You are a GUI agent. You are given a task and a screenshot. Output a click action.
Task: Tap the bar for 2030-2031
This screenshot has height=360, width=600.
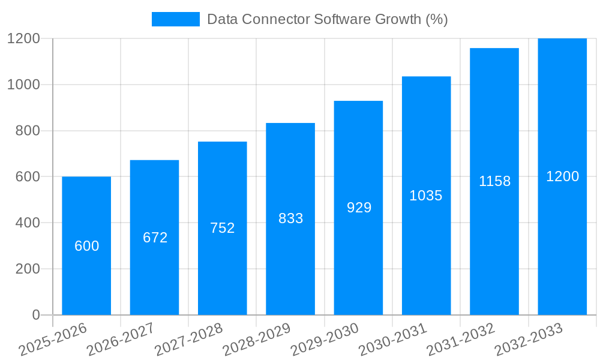click(x=426, y=252)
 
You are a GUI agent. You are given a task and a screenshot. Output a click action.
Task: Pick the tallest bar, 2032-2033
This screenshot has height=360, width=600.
click(x=562, y=240)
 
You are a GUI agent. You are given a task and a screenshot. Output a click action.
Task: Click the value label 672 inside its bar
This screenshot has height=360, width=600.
click(x=155, y=238)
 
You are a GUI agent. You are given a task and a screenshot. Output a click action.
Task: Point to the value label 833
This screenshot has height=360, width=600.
click(x=290, y=218)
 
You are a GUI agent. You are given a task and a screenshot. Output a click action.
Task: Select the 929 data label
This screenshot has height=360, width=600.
click(x=359, y=208)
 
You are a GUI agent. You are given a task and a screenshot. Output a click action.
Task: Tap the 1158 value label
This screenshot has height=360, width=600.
click(x=494, y=181)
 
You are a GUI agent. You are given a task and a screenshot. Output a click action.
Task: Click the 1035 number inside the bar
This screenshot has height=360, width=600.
click(x=426, y=196)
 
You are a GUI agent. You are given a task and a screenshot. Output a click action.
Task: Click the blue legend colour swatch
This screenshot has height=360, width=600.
click(x=175, y=19)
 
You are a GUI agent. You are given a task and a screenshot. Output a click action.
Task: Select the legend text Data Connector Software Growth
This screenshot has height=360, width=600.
click(x=327, y=19)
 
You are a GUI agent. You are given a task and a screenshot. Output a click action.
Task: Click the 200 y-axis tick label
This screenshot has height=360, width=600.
click(x=27, y=269)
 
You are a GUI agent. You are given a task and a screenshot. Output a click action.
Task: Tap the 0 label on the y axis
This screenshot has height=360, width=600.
click(x=35, y=315)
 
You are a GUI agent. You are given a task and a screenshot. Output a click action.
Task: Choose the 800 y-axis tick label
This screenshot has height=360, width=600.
click(x=27, y=131)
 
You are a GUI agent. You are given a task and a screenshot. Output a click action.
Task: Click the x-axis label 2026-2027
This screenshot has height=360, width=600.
click(x=121, y=340)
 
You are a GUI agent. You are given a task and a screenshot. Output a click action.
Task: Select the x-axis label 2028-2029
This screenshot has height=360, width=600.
click(x=256, y=340)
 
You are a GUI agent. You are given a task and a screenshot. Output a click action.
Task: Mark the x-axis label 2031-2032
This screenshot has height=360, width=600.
click(x=460, y=340)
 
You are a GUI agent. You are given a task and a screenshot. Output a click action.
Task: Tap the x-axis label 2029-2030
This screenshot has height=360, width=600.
click(x=324, y=340)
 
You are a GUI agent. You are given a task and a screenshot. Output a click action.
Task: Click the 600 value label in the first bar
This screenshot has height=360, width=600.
click(x=86, y=246)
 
